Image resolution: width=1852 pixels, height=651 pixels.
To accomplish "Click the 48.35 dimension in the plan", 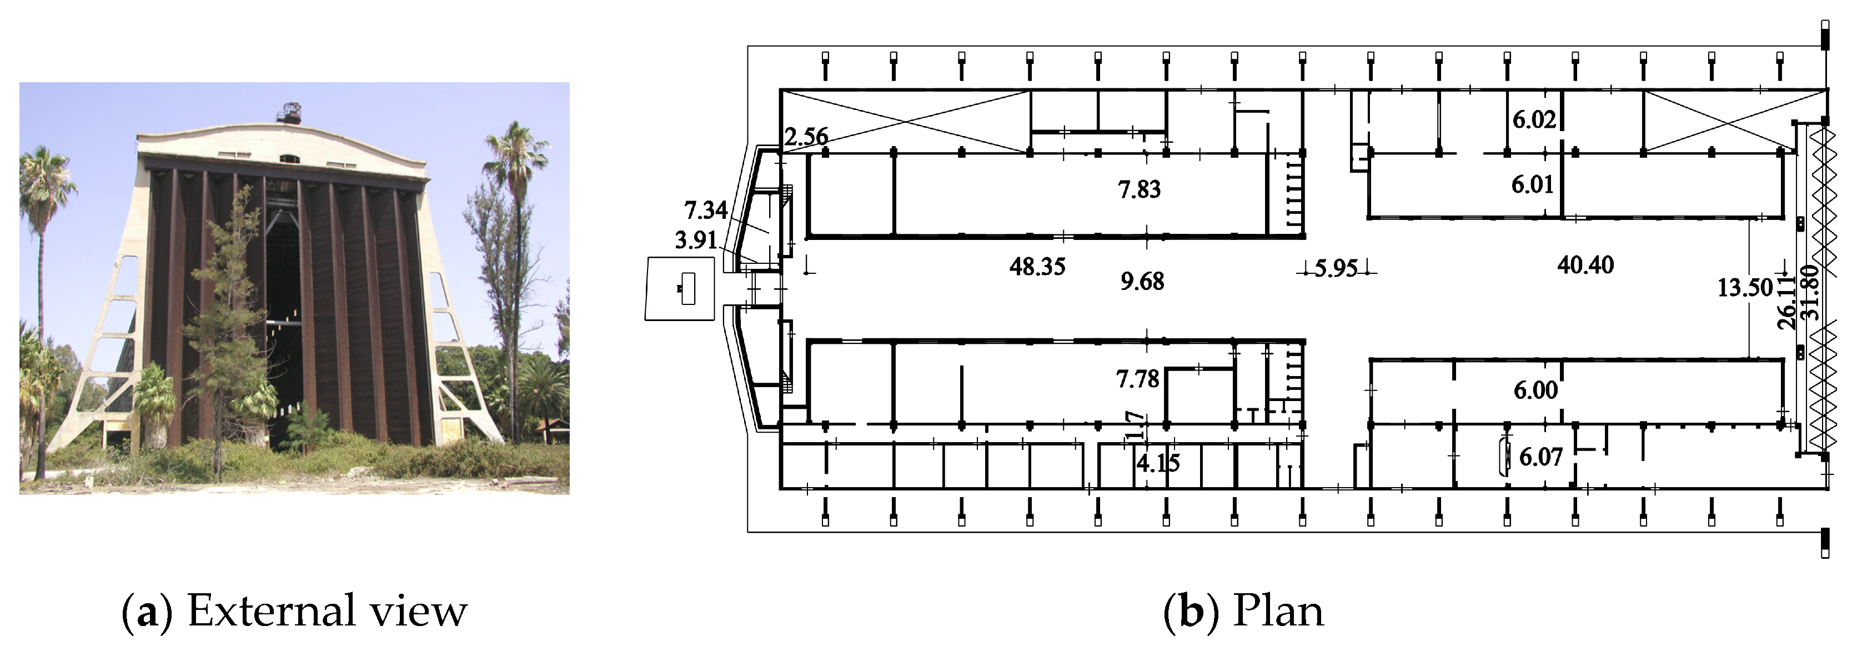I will tap(1037, 267).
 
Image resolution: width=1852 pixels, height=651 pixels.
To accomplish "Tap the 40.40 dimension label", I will tap(1585, 265).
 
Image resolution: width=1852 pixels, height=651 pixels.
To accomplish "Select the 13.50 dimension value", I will tap(1745, 288).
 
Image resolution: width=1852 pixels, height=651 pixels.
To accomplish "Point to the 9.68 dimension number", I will tap(1142, 281).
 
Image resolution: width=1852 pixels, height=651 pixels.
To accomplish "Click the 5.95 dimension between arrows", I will tap(1336, 269).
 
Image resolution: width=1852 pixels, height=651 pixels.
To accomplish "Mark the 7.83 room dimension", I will tap(1139, 189).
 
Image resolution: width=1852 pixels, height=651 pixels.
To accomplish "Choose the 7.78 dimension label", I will tap(1137, 378).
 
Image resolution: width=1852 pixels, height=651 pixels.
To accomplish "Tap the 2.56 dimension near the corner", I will tap(805, 137).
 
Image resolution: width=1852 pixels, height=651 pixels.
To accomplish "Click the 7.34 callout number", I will tap(705, 210).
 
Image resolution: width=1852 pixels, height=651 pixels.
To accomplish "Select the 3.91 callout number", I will tap(695, 241).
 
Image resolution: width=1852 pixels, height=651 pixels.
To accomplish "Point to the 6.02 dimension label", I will tap(1533, 119).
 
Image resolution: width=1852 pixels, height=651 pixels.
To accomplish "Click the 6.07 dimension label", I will tap(1540, 457).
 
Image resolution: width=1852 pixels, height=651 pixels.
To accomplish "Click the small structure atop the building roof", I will tap(290, 113).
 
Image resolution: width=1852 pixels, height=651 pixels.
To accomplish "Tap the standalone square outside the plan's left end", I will tap(679, 288).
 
